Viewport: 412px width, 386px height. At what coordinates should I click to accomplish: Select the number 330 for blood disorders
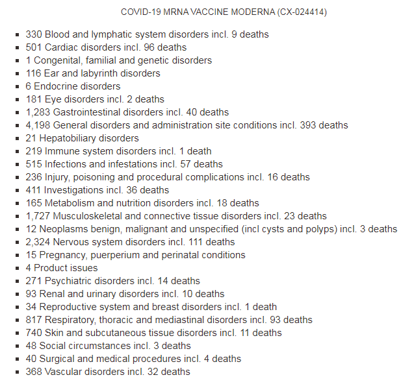[34, 34]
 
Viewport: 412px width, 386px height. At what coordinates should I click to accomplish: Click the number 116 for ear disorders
[34, 73]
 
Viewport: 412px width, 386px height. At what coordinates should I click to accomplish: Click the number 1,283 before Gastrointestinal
[38, 112]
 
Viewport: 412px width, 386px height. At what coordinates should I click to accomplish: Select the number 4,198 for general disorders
[38, 125]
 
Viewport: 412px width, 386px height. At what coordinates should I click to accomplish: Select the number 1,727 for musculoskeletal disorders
[38, 216]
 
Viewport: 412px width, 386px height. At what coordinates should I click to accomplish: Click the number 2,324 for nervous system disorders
[38, 242]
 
